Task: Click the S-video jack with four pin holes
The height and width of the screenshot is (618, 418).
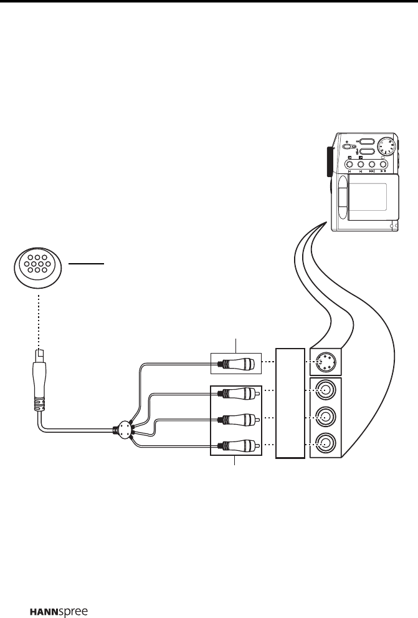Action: (x=324, y=361)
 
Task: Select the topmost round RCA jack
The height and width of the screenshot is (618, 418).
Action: (x=324, y=392)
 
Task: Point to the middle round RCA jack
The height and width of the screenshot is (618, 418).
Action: (x=324, y=417)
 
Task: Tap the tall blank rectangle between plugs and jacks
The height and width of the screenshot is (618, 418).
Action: (x=290, y=403)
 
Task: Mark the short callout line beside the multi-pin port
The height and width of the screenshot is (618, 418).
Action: (x=86, y=264)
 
